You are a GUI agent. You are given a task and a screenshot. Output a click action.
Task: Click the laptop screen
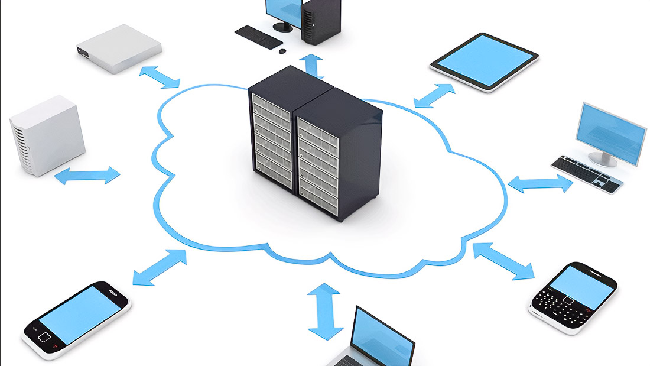[381, 339]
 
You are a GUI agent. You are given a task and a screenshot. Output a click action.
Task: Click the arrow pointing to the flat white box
[160, 77]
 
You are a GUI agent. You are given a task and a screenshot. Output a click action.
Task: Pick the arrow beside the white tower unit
[87, 175]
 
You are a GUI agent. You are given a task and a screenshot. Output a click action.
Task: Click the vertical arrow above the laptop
[325, 310]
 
